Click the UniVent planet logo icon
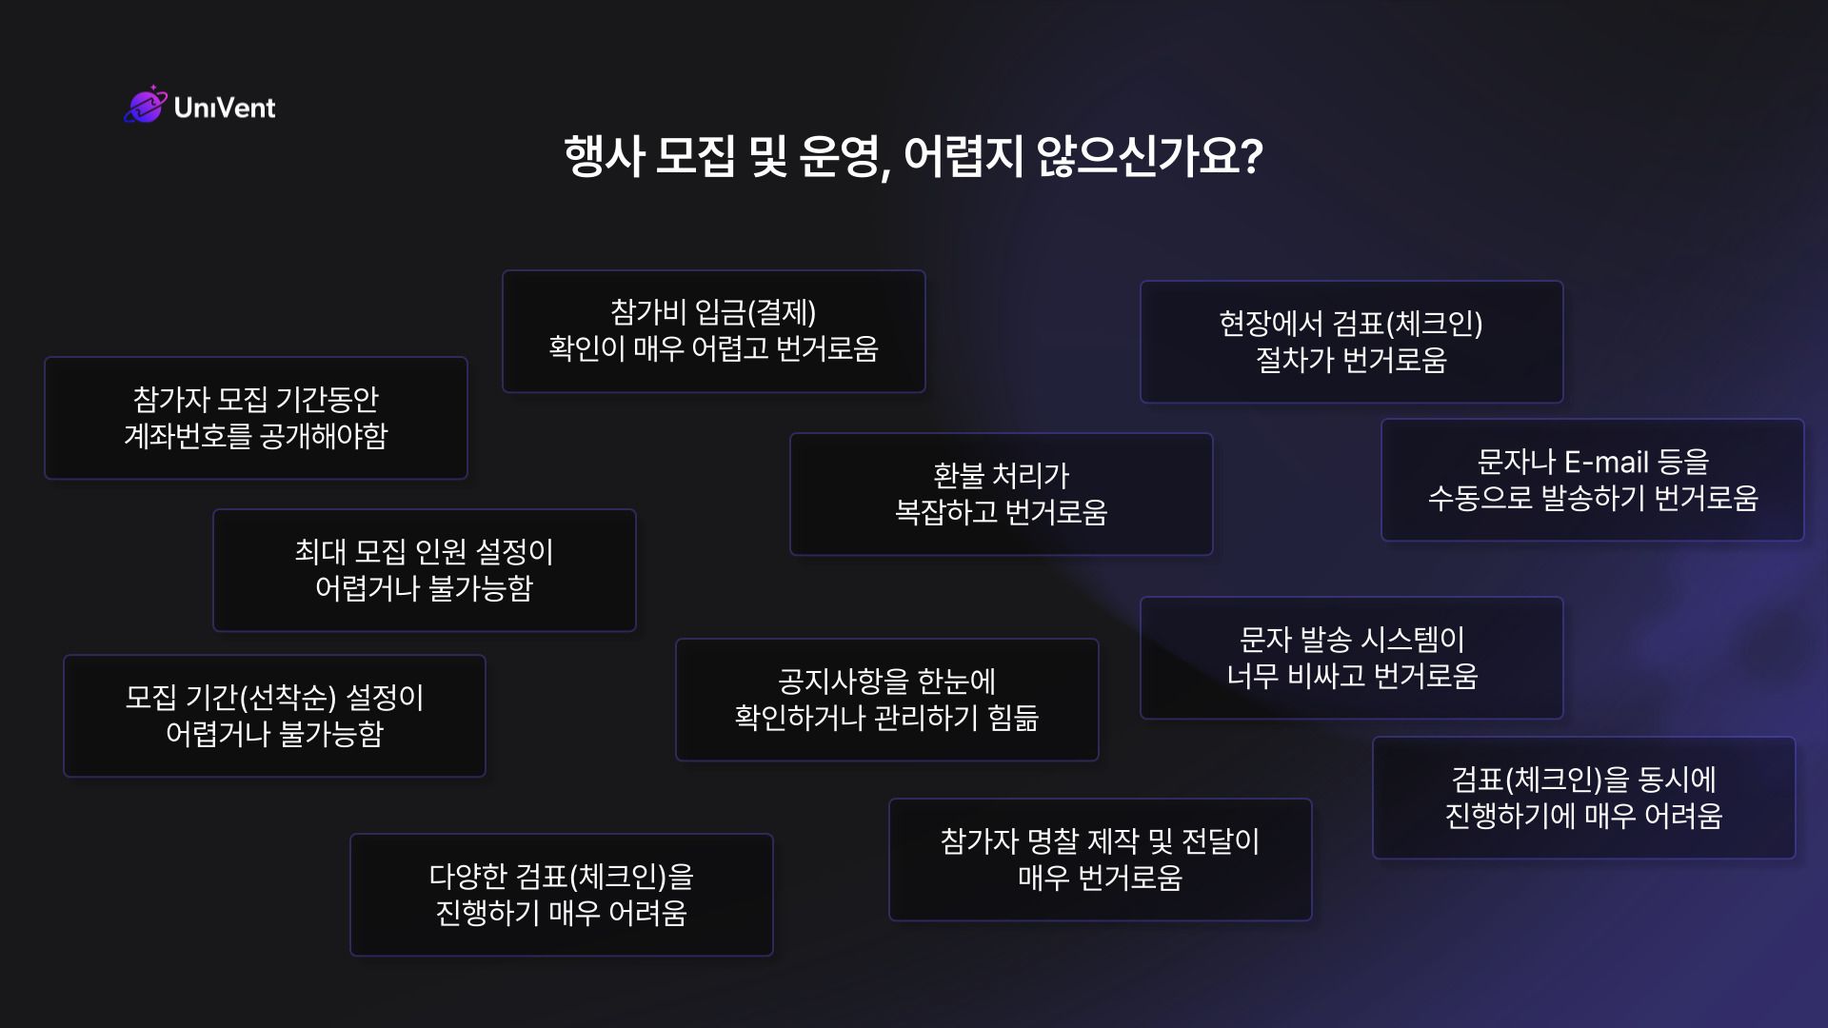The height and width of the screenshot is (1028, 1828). point(145,105)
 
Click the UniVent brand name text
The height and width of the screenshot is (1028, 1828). point(225,108)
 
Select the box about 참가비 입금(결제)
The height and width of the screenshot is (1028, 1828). point(714,331)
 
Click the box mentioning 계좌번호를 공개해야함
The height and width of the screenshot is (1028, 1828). point(256,418)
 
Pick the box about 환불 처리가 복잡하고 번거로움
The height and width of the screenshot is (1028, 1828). point(1002,494)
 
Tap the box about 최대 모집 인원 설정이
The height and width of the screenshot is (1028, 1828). point(425,570)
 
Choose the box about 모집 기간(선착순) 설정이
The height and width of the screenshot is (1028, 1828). point(274,716)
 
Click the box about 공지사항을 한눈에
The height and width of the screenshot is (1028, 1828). point(887,700)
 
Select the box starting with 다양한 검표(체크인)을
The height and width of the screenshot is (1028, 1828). point(562,895)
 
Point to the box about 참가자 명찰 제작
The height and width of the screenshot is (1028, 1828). point(1101,860)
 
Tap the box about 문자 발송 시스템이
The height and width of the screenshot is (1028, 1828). point(1352,658)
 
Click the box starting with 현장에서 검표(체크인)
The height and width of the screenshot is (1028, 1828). point(1352,342)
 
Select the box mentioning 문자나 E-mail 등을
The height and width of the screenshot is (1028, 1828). point(1593,480)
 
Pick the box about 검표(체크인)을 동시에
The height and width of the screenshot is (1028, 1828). point(1584,798)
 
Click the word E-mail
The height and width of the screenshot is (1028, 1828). point(1606,463)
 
